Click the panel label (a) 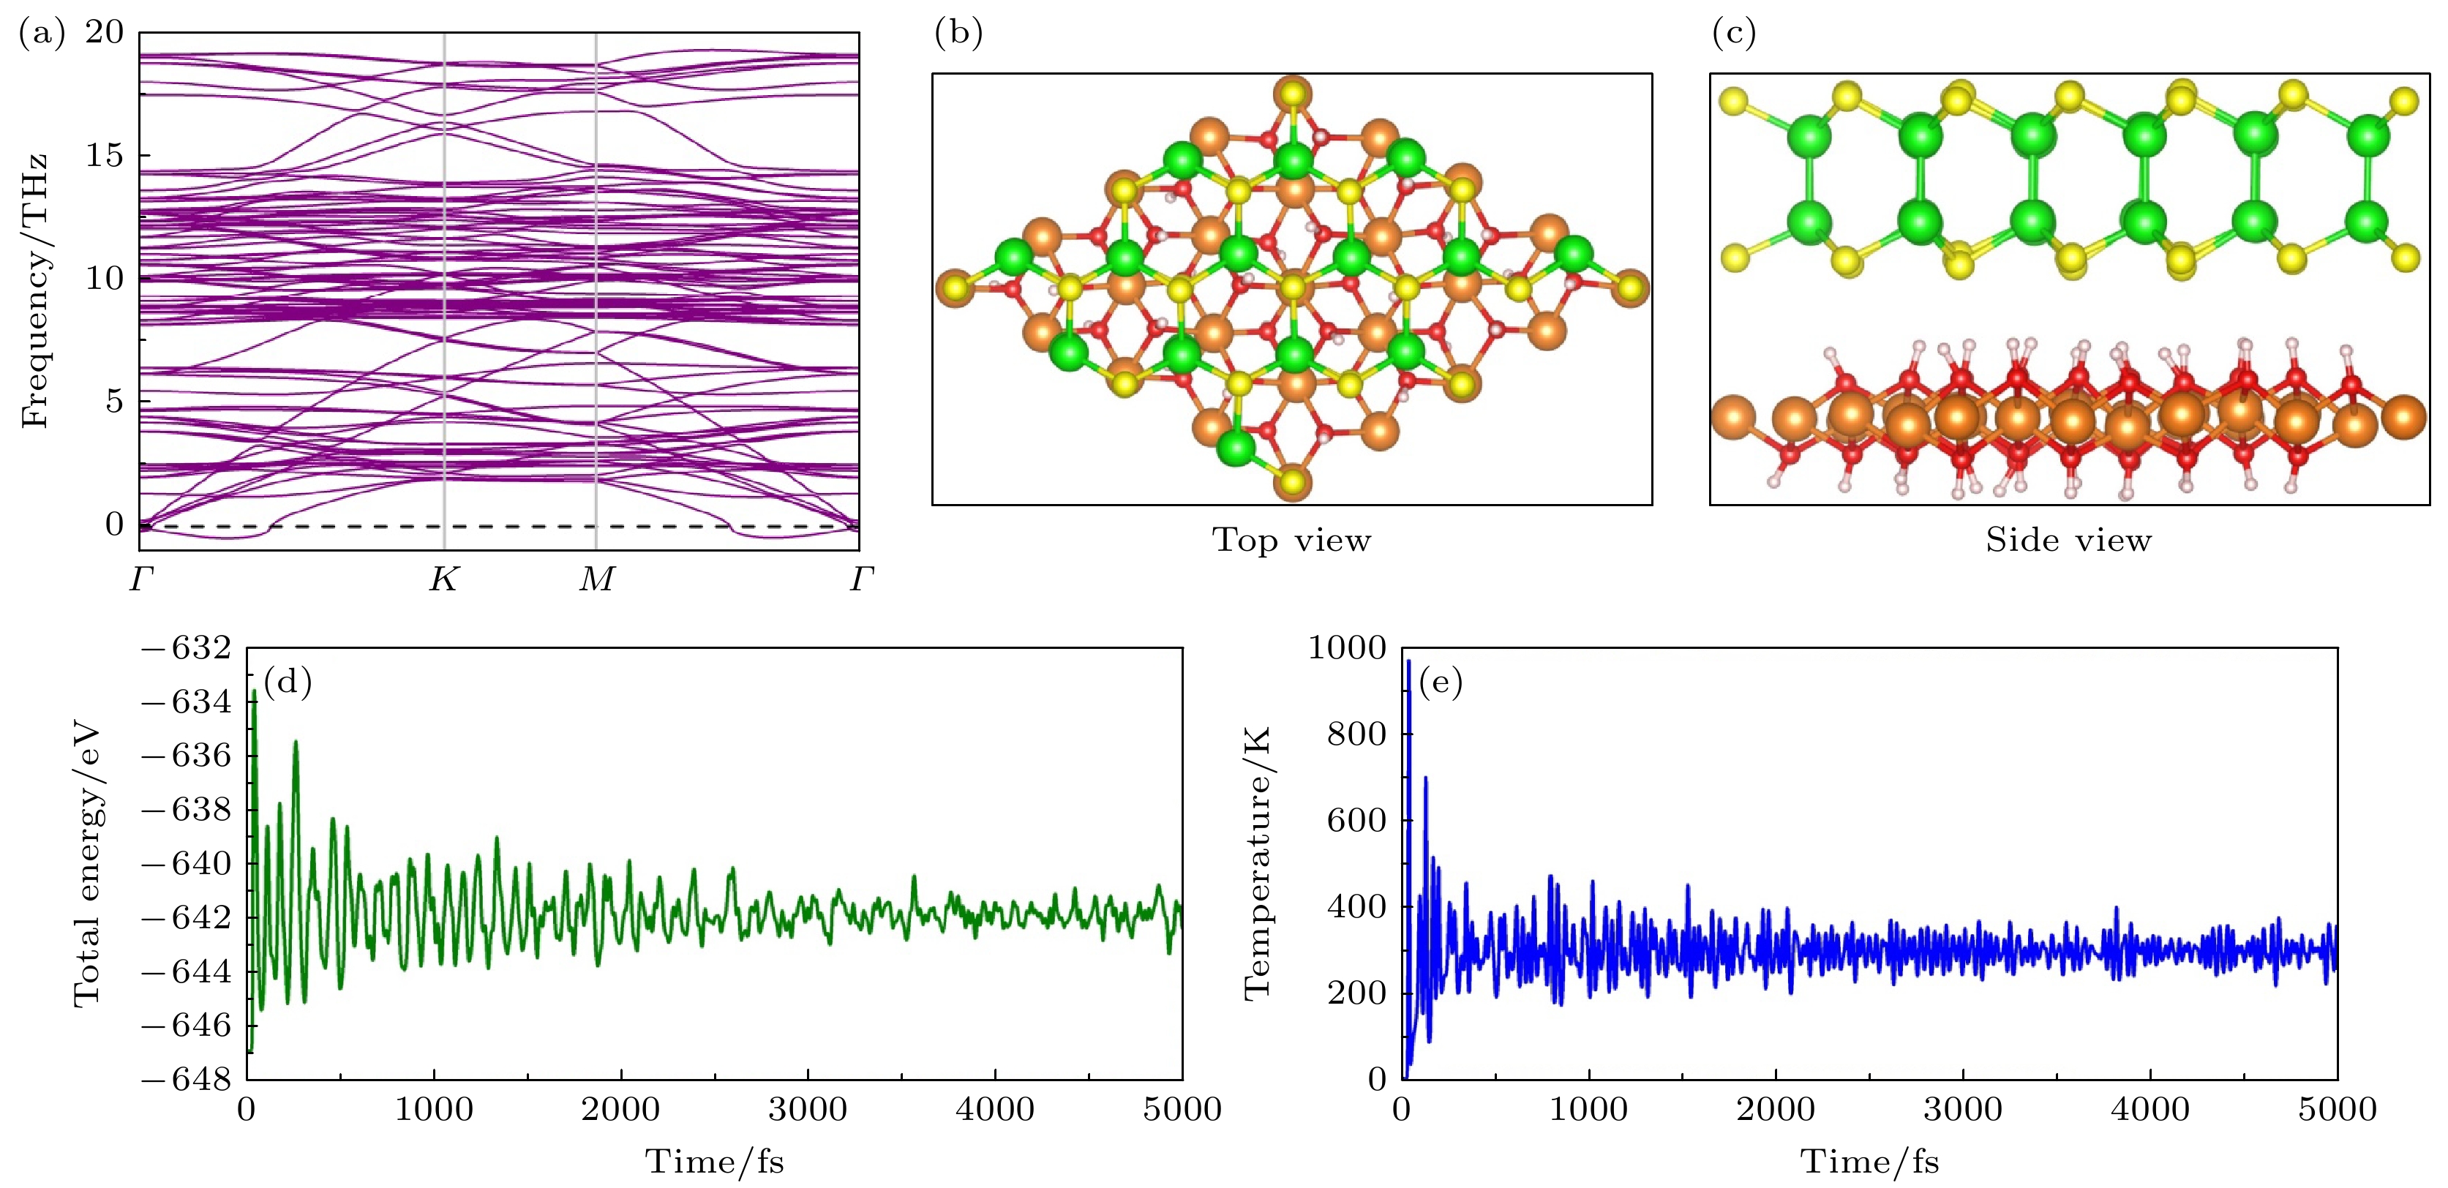point(42,34)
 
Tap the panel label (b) point(958,34)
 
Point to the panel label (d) point(288,682)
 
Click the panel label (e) point(1441,682)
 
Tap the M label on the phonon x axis point(597,579)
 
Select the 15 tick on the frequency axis point(105,155)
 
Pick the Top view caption point(1291,541)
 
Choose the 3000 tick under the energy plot point(808,1109)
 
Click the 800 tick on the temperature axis point(1356,734)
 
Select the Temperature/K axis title point(1257,863)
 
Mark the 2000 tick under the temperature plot point(1775,1109)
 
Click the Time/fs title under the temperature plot point(1869,1162)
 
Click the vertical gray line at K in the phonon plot point(445,285)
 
